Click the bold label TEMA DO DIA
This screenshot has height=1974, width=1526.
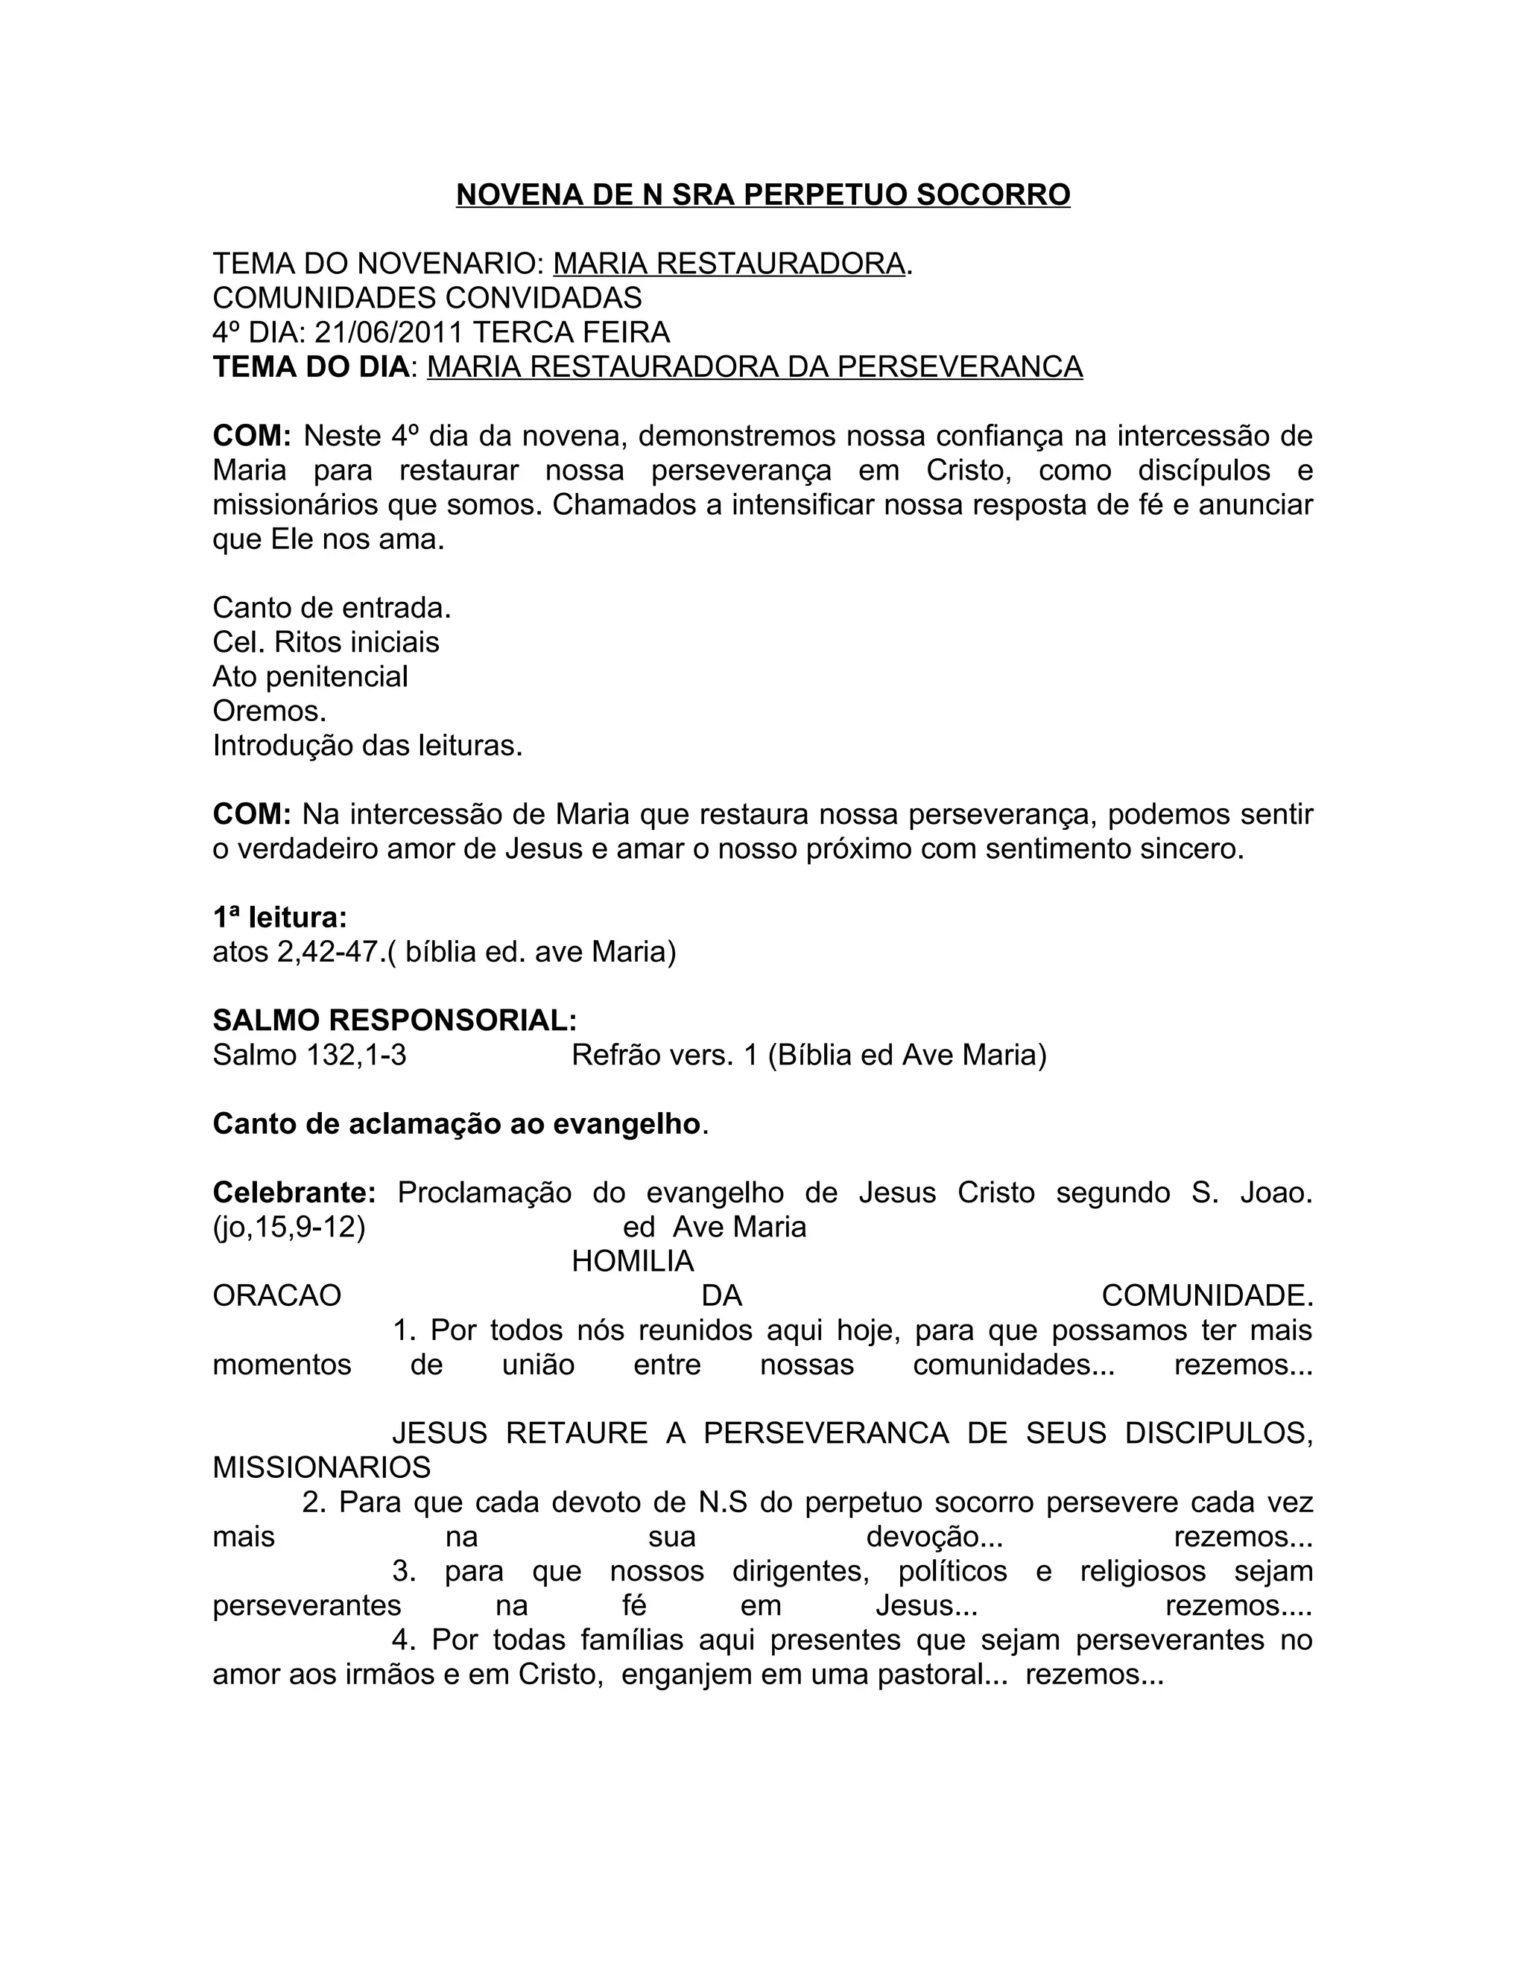tap(311, 367)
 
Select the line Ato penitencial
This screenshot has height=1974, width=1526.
tap(310, 677)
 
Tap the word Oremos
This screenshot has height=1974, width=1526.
tap(270, 711)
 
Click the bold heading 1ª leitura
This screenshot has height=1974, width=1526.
tap(280, 918)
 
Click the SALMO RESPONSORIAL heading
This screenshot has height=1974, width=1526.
tap(394, 1021)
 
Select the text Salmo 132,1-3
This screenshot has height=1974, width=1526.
tap(309, 1055)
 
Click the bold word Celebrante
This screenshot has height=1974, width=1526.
tap(294, 1193)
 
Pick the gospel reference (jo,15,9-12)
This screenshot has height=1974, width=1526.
tap(288, 1228)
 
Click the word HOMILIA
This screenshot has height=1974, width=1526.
tap(633, 1262)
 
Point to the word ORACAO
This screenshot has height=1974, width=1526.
tap(276, 1296)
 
